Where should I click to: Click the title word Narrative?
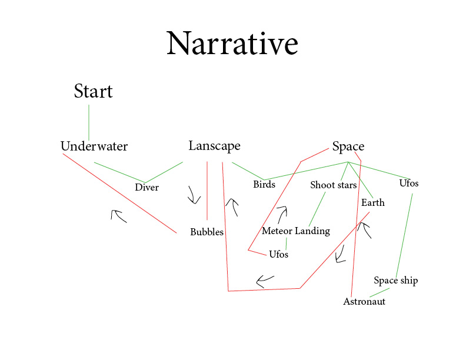tap(232, 44)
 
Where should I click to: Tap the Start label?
tap(93, 92)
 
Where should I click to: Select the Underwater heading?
tap(94, 146)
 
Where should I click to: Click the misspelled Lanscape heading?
tap(214, 146)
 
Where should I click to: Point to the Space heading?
tap(348, 147)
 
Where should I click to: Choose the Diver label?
tap(147, 188)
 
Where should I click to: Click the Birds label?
tap(264, 185)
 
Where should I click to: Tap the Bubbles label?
tap(207, 232)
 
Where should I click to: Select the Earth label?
tap(373, 203)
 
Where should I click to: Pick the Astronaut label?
tap(364, 302)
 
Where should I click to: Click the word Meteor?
tap(277, 231)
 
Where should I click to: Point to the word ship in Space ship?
tap(408, 281)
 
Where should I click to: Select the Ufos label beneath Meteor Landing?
tap(278, 255)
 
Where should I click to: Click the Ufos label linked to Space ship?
tap(409, 183)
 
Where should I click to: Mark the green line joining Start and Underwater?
tap(89, 122)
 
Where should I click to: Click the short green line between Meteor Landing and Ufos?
tap(287, 243)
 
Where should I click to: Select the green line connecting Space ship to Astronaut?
tap(380, 292)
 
